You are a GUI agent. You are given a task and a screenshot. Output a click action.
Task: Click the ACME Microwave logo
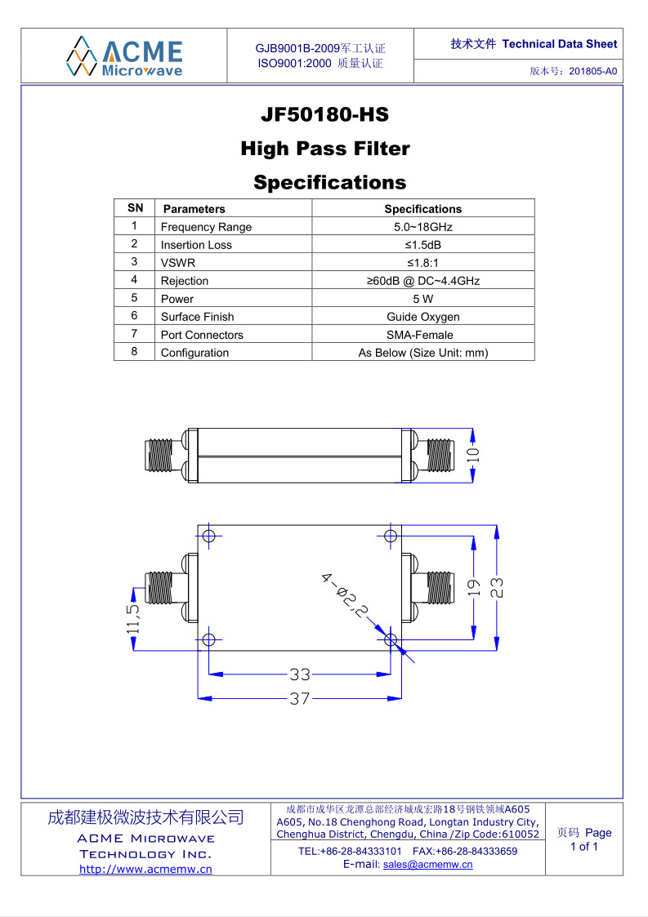click(x=124, y=56)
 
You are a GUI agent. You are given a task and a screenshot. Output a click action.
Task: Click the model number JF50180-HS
click(x=325, y=114)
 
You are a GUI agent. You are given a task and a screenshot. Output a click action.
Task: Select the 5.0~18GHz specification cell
click(x=422, y=227)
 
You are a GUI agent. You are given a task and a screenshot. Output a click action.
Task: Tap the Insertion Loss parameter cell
click(x=233, y=245)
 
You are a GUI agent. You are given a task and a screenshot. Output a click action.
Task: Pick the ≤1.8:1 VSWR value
click(x=422, y=263)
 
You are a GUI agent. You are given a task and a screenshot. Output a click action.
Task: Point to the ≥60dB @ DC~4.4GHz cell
click(x=422, y=281)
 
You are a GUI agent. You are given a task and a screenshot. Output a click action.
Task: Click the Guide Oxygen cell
click(x=422, y=317)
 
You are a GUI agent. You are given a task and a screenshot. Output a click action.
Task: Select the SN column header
click(x=135, y=208)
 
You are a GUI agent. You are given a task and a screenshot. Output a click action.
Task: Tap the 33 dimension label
click(x=300, y=674)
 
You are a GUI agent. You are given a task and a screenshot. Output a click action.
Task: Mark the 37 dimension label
click(x=300, y=698)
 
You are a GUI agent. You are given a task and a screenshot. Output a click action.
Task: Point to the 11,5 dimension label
click(x=133, y=619)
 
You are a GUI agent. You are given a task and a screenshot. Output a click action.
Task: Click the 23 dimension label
click(x=496, y=587)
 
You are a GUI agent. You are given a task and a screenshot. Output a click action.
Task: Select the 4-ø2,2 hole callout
click(x=345, y=594)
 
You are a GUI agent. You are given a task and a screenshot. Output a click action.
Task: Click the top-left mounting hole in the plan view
click(x=209, y=536)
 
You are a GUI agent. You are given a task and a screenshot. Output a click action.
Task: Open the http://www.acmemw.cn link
click(x=145, y=869)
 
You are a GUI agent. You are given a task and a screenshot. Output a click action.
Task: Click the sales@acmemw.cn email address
click(x=428, y=865)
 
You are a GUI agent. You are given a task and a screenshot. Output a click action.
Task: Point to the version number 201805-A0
click(x=593, y=71)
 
